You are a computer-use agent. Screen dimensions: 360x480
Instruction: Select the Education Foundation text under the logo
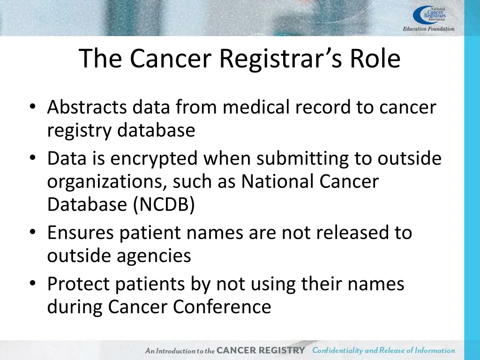point(428,29)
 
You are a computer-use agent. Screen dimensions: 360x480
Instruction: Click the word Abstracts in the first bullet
point(87,108)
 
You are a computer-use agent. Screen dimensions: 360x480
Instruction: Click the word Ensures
point(80,232)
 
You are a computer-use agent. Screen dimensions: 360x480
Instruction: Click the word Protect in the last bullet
point(78,284)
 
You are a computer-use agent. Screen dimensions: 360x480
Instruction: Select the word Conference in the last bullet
point(222,307)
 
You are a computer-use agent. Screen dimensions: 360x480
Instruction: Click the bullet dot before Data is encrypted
point(31,159)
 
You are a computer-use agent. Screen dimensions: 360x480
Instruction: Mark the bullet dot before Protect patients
point(31,285)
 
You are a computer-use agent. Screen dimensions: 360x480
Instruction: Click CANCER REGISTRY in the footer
point(261,350)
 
